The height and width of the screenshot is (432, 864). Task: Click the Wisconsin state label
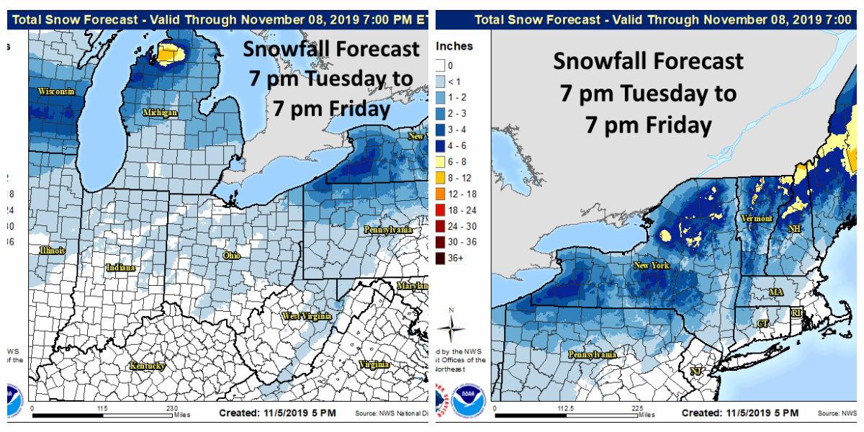(x=56, y=91)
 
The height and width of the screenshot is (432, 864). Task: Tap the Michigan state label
(x=160, y=113)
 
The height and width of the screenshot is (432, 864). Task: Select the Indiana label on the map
(x=120, y=267)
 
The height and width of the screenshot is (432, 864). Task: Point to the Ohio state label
(x=231, y=256)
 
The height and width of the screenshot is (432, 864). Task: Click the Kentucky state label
(x=147, y=366)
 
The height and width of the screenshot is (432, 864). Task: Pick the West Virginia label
(x=306, y=316)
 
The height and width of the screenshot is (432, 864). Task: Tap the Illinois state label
(x=52, y=251)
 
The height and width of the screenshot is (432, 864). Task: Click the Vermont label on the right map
(x=757, y=218)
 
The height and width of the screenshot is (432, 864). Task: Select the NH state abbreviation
(x=794, y=229)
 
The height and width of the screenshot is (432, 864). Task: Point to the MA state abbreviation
(x=775, y=292)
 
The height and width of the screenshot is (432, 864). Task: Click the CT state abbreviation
(x=762, y=324)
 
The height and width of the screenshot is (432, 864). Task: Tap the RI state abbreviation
(x=796, y=313)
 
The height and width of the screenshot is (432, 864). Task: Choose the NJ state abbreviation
(x=696, y=371)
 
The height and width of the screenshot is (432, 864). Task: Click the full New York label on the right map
(x=651, y=266)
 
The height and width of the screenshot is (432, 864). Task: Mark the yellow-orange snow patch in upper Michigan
(x=168, y=53)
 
